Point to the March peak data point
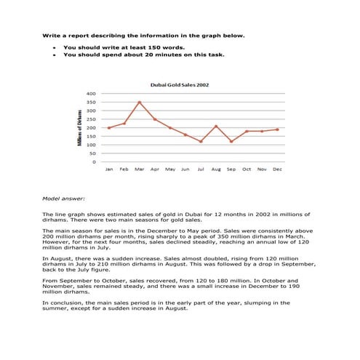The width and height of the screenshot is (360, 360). coord(140,103)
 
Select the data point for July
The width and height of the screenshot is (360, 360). coord(201,141)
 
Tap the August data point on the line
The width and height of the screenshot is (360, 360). coord(216,126)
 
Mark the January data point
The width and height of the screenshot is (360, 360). coord(109,128)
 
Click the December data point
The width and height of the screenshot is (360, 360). coord(277,129)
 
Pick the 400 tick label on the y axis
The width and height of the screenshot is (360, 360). coord(91,94)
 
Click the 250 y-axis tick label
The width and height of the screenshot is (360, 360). coord(91,119)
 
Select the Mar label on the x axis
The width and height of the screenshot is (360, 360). coord(140,169)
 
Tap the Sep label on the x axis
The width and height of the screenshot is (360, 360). coord(231,169)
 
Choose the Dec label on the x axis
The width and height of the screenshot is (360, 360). coord(277,169)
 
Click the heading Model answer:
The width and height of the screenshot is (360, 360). coord(64,198)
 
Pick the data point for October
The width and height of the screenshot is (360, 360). coord(247,132)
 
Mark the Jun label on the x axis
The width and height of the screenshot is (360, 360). coord(185,169)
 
